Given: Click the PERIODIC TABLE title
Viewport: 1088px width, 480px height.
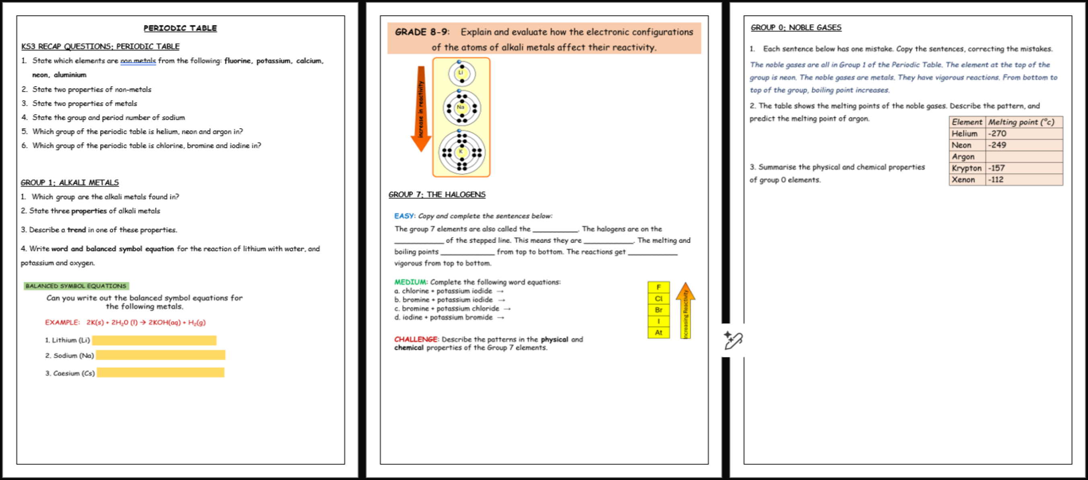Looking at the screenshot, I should (180, 28).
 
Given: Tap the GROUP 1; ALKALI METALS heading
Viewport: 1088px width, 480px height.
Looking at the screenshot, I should (70, 183).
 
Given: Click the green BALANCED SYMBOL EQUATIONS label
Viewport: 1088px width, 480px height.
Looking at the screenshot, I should (76, 286).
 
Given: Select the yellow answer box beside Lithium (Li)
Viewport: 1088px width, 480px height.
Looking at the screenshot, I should (154, 341).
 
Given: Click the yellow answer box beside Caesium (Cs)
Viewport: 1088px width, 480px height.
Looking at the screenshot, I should (160, 373).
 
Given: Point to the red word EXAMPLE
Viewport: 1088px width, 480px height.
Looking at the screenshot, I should (62, 322).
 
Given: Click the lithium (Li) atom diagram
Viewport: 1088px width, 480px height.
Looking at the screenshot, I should (461, 73).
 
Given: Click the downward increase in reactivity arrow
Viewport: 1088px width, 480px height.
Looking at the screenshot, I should (421, 109).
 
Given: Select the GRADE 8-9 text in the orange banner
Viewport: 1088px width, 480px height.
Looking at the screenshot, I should (422, 32).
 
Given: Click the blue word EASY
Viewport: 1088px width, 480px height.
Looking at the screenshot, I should (404, 216).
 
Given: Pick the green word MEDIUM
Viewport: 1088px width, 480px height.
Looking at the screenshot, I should (410, 282).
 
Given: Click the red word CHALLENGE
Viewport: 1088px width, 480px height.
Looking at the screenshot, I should (416, 339).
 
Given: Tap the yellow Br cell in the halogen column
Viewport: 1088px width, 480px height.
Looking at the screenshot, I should (658, 310).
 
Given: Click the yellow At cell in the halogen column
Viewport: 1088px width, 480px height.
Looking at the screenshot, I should (658, 332).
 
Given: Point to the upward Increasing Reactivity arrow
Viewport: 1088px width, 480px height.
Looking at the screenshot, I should (686, 311).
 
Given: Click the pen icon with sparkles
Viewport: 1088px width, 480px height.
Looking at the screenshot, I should (733, 340).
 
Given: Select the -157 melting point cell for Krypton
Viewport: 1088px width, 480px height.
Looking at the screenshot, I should (1024, 168).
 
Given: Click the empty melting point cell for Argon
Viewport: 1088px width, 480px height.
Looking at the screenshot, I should (1024, 157).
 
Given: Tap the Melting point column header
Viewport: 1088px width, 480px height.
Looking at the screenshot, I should (1024, 122).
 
